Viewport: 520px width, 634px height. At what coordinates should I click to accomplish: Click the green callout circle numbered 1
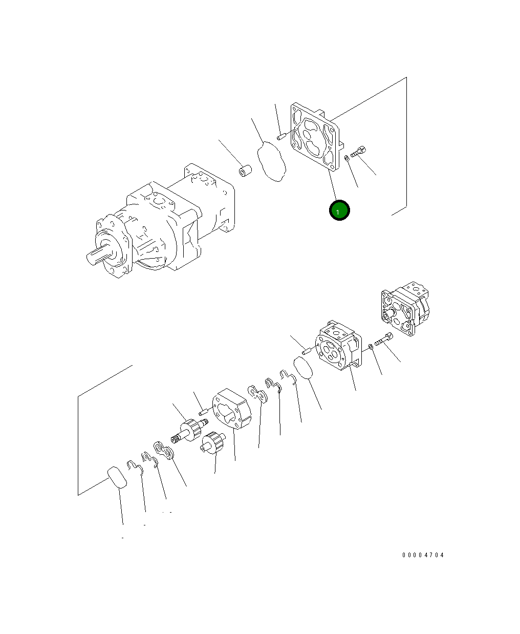pyautogui.click(x=339, y=210)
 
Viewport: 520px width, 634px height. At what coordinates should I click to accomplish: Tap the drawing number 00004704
pyautogui.click(x=423, y=555)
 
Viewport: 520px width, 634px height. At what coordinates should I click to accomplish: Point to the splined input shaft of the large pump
pyautogui.click(x=97, y=256)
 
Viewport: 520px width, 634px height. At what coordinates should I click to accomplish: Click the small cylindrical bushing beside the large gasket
pyautogui.click(x=245, y=171)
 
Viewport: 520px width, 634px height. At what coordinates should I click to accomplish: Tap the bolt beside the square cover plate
pyautogui.click(x=358, y=152)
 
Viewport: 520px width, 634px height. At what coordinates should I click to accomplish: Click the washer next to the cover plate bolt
pyautogui.click(x=346, y=158)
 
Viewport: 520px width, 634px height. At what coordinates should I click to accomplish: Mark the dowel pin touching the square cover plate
pyautogui.click(x=281, y=137)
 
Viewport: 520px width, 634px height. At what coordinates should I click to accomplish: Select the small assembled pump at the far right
pyautogui.click(x=405, y=308)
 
